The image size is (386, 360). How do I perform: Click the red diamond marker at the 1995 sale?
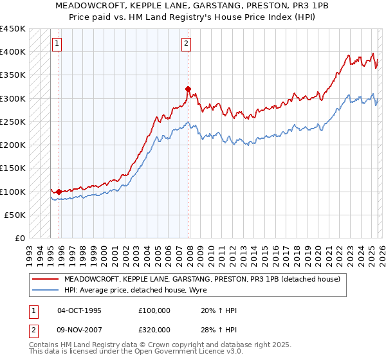pos(59,192)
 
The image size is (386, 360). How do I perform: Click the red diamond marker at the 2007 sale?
pos(188,89)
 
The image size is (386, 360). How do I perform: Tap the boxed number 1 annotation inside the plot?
pos(57,44)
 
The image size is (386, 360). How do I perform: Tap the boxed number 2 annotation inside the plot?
pos(186,44)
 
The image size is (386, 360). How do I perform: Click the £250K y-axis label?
pos(13,122)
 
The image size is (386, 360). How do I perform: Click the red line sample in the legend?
pos(45,279)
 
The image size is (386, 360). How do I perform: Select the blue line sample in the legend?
pos(45,289)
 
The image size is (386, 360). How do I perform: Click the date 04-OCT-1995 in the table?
pos(79,310)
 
